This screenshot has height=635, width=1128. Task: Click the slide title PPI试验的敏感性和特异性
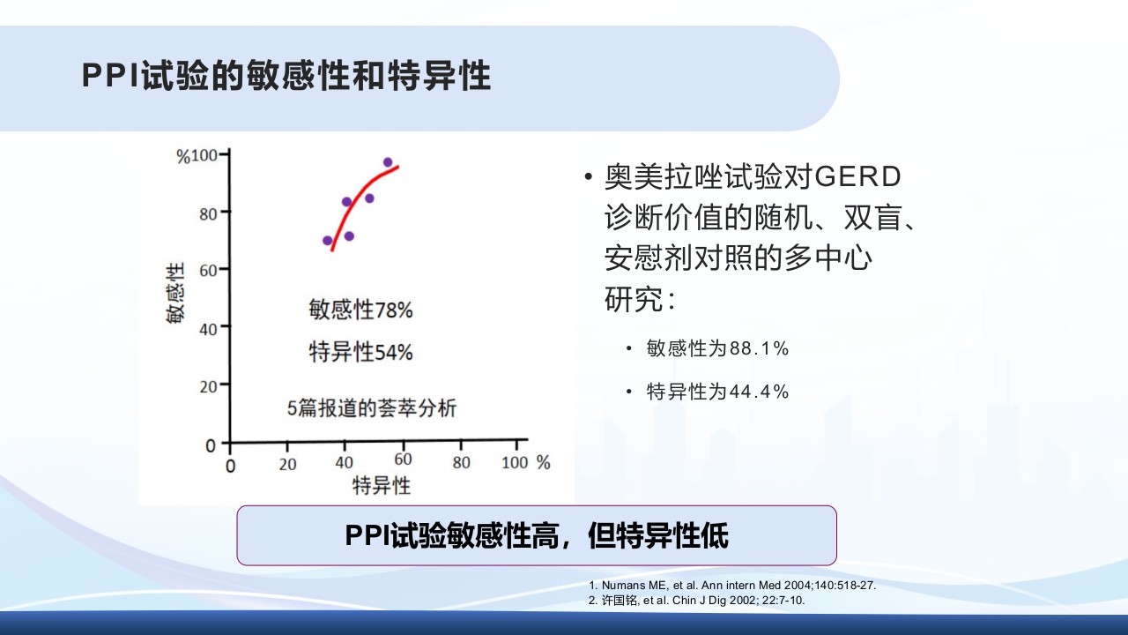click(x=286, y=77)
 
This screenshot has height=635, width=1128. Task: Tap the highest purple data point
click(x=388, y=162)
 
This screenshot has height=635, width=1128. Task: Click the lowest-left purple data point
click(x=328, y=241)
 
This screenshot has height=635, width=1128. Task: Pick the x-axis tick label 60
click(x=403, y=462)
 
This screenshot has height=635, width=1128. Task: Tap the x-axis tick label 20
click(x=287, y=464)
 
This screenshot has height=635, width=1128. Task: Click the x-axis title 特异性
click(x=381, y=486)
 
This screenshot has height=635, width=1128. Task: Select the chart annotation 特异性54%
click(x=360, y=352)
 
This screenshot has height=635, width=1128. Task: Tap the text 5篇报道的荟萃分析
click(x=372, y=408)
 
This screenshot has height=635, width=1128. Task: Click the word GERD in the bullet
click(x=857, y=177)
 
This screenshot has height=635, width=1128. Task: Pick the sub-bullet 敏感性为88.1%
click(x=716, y=348)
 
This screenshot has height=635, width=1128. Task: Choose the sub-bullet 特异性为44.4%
click(x=716, y=392)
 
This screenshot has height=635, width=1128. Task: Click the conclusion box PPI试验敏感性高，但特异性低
click(x=536, y=535)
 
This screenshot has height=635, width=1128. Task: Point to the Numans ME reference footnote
click(x=731, y=586)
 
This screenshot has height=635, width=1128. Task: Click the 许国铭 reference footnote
click(x=696, y=601)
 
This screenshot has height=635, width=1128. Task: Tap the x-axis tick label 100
click(x=514, y=462)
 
